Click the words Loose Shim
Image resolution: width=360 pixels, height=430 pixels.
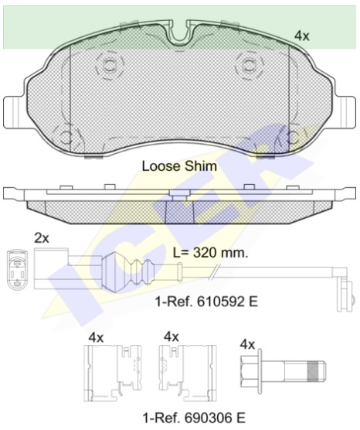point(179,166)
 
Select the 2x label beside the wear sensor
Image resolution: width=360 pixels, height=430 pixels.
point(41,238)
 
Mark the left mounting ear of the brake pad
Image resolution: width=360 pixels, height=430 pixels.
point(15,108)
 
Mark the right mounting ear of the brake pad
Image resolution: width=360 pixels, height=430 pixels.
point(345,108)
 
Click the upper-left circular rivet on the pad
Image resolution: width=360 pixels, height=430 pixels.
point(108,63)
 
